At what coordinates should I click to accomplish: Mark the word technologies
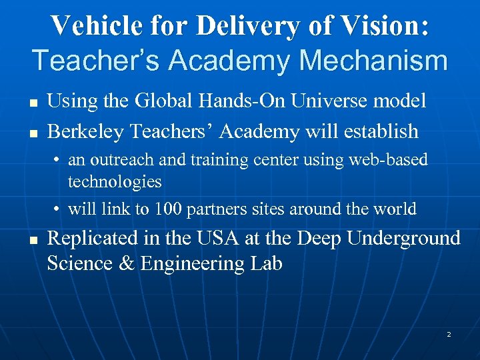[x=115, y=181]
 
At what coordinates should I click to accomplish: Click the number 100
[x=168, y=209]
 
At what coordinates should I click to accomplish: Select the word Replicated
[x=91, y=238]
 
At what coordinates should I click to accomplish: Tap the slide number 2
[x=449, y=334]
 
